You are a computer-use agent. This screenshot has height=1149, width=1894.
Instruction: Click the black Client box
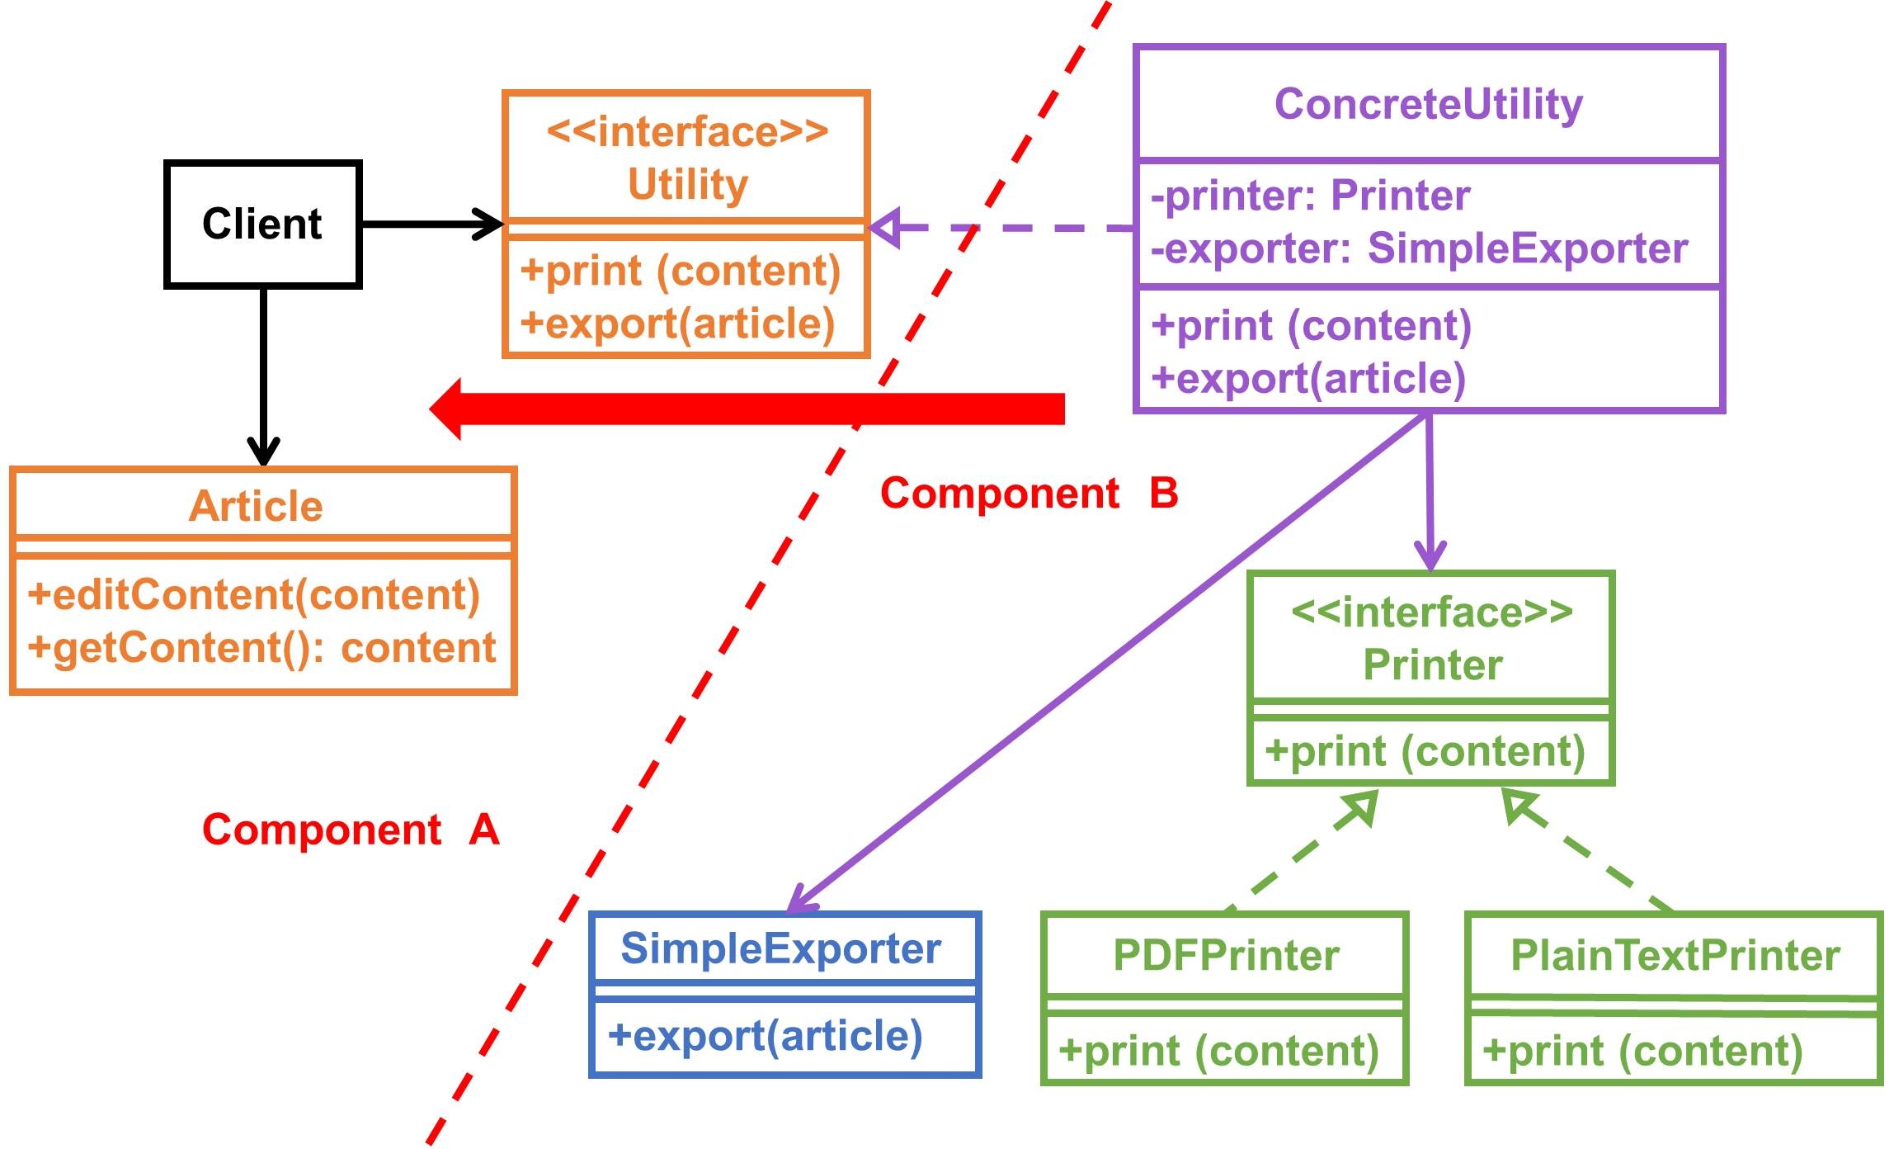point(262,225)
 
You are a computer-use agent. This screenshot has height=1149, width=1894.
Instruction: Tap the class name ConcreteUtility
point(1428,104)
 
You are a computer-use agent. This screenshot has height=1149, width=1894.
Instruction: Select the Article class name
point(256,506)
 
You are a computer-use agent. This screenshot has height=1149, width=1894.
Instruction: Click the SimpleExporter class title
point(780,948)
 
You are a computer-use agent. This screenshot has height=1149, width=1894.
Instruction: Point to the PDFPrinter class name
point(1226,956)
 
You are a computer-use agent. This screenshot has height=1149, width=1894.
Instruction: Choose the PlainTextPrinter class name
point(1675,956)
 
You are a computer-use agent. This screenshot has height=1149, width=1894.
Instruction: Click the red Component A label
point(351,830)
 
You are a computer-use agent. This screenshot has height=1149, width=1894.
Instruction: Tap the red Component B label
point(1029,494)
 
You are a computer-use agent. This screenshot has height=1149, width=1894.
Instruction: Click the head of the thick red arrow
point(447,409)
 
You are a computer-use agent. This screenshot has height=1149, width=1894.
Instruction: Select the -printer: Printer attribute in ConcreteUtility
point(1310,196)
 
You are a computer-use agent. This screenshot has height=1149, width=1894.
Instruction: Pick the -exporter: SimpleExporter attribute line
point(1419,248)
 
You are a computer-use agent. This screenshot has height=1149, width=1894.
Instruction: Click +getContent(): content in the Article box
point(261,647)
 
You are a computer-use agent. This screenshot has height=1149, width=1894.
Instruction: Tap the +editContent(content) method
point(253,595)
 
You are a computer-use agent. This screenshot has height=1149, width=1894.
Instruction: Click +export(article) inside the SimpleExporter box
point(765,1036)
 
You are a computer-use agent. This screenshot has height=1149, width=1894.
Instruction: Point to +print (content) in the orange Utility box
point(681,271)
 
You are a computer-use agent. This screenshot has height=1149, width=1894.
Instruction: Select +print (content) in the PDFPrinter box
point(1218,1051)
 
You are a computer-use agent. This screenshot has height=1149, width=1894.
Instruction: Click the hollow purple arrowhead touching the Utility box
point(886,228)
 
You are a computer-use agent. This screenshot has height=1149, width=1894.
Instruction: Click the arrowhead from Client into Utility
point(488,224)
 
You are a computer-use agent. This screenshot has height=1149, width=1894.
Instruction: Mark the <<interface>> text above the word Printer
point(1431,612)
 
